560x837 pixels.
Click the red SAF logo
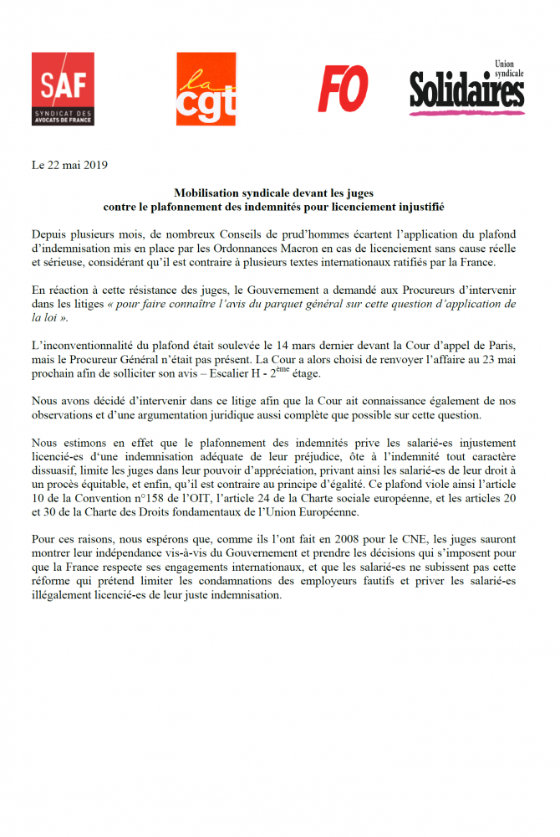(x=63, y=88)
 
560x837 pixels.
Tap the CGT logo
(x=206, y=88)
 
